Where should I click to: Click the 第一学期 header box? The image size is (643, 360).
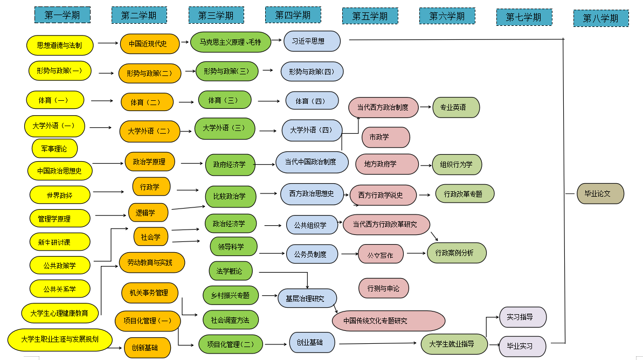coord(62,15)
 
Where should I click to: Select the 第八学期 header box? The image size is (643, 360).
coord(600,18)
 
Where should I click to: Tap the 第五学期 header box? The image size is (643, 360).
coord(370,16)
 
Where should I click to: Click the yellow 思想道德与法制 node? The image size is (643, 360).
coord(60,45)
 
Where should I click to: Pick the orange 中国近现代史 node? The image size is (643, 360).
coord(149,44)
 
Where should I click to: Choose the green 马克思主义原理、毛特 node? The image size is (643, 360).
coord(230,41)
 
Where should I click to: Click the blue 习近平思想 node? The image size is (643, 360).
coord(312,41)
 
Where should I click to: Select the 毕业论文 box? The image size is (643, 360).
coord(600,193)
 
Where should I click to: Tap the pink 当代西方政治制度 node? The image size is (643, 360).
coord(383,107)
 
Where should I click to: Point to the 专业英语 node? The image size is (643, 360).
coord(456,107)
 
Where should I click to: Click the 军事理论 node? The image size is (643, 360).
coord(54,148)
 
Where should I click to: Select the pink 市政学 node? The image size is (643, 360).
coord(385,137)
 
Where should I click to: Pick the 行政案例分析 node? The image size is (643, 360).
coord(457,253)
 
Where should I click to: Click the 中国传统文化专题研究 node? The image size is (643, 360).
coord(388,321)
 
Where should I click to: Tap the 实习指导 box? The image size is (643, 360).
coord(522,317)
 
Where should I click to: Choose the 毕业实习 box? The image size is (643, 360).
coord(522,346)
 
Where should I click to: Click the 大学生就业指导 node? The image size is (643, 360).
coord(455,344)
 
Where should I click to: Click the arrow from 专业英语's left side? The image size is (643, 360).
coord(426,107)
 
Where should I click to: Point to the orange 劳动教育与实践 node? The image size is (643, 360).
coord(151,262)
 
